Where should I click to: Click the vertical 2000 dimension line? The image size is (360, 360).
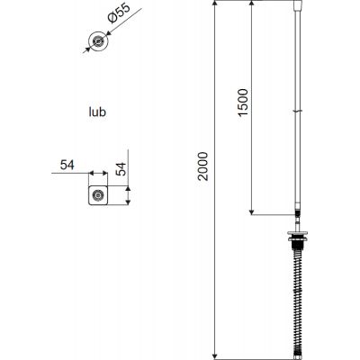click(x=217, y=270)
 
